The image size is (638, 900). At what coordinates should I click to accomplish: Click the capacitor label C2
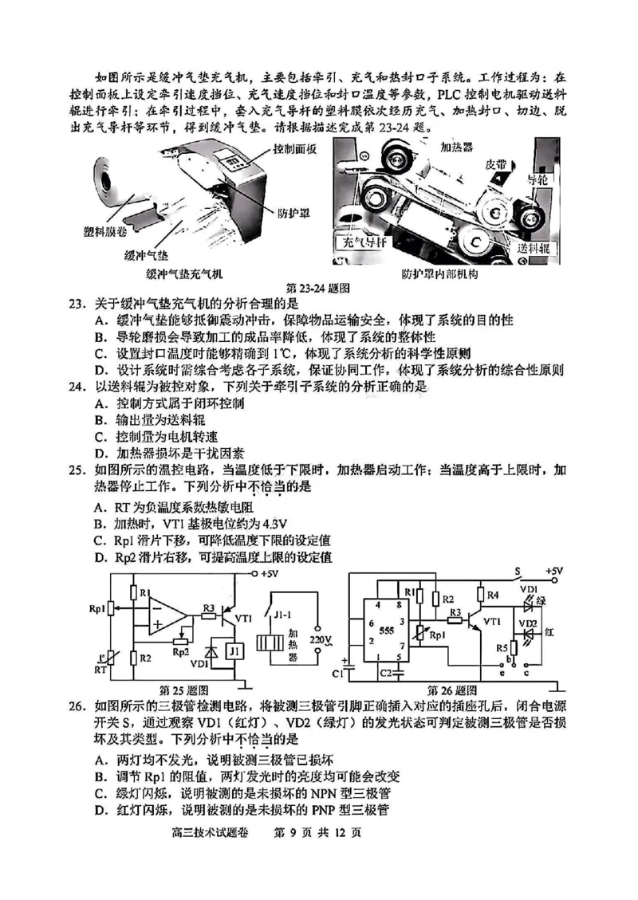387,673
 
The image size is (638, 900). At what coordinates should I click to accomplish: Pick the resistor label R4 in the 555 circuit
493,594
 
